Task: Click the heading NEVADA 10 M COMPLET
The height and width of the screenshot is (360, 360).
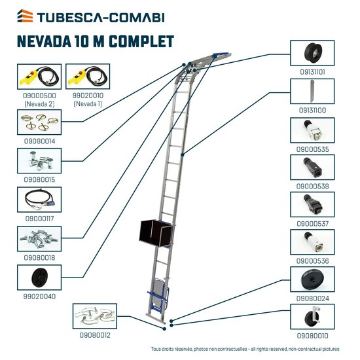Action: [x=96, y=41]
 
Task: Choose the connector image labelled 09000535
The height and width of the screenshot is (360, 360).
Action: [x=312, y=131]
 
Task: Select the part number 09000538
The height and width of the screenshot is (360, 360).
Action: [x=312, y=185]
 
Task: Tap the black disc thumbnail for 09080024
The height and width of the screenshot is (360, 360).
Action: [x=312, y=279]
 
